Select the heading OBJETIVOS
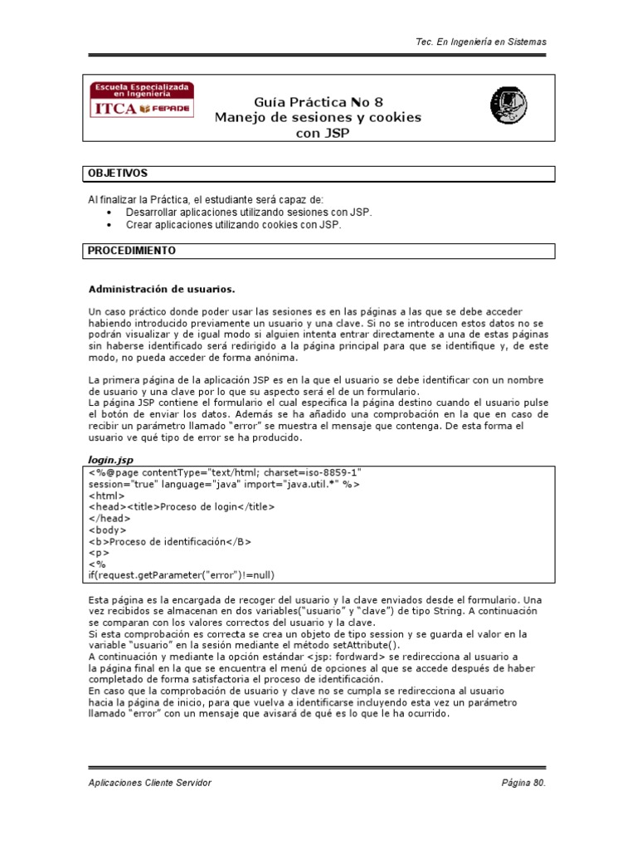pos(118,173)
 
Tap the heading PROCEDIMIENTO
pos(132,250)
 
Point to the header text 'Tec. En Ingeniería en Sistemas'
pos(480,42)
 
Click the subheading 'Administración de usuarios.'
pos(162,290)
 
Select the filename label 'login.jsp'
pos(110,458)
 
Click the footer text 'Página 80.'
pos(524,783)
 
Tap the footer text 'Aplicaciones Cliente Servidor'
pos(149,783)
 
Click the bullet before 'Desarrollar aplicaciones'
pos(110,212)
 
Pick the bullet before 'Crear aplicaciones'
pos(110,224)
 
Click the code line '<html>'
pos(106,495)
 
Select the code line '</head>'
pos(110,518)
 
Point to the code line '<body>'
pos(108,530)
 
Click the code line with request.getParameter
pos(181,575)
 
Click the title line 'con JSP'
pos(318,132)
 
